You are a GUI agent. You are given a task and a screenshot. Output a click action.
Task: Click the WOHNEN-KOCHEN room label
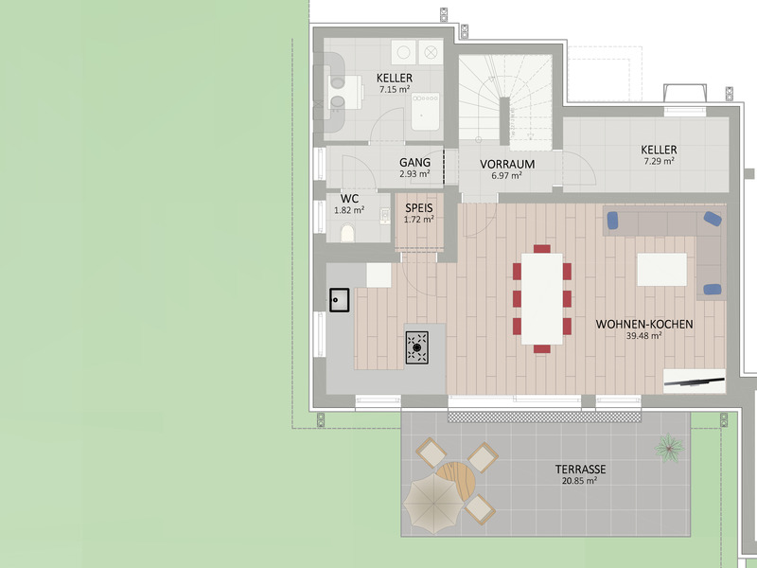point(644,324)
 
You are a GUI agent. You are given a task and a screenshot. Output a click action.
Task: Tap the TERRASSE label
point(580,469)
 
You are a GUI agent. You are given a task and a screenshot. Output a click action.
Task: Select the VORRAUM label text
point(507,164)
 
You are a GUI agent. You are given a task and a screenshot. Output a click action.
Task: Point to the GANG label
point(414,163)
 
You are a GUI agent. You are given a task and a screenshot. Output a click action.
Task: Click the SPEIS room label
point(419,207)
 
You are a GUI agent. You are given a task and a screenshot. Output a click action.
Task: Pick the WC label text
point(349,198)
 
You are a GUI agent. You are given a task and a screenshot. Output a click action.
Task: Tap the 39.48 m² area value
point(643,335)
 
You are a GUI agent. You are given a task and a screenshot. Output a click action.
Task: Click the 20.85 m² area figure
point(579,481)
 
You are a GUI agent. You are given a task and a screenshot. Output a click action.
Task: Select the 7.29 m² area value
point(658,161)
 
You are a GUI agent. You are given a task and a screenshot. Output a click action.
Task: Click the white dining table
point(541,297)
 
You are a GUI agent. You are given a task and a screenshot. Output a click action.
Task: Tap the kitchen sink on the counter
point(340,299)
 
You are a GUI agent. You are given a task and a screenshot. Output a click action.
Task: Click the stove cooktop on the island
point(416,346)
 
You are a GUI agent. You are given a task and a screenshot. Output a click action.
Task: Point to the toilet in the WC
point(347,233)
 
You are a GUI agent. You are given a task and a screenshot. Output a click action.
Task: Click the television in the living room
point(694,382)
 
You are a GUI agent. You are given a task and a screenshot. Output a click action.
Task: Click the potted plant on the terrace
point(669,445)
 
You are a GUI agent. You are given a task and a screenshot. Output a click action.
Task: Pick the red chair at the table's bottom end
point(541,348)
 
